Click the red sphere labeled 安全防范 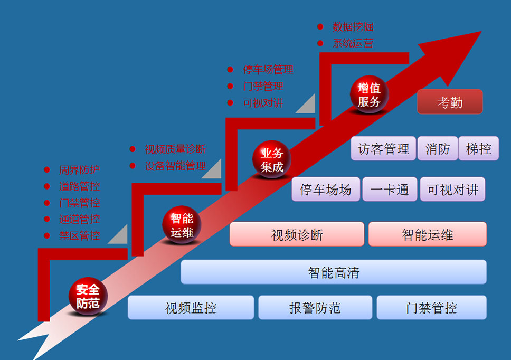88,296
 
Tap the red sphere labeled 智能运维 182,224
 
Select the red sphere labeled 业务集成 271,159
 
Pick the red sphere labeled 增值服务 369,94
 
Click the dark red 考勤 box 450,102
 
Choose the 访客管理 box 383,148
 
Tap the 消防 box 437,148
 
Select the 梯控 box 478,148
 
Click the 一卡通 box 390,190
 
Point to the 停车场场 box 326,190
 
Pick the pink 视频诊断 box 297,234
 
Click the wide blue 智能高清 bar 334,272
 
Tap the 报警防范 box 315,308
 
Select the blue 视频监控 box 191,308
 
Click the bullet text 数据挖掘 353,27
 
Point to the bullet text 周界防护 79,170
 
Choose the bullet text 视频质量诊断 175,149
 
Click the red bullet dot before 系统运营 320,43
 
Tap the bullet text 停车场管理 268,69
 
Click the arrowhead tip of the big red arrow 481,31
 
